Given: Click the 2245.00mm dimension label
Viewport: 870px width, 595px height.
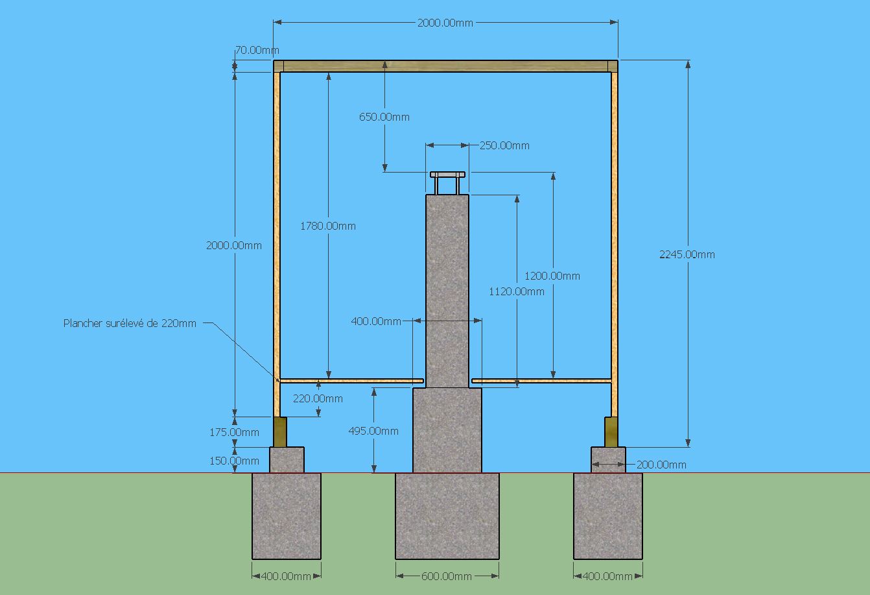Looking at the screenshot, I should click(687, 254).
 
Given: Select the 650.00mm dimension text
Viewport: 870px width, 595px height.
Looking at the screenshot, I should click(384, 117).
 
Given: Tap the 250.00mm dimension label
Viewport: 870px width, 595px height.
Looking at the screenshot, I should click(504, 145).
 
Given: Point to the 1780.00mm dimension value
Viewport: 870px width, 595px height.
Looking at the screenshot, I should click(328, 226).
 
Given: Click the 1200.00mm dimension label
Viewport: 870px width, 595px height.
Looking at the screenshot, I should click(552, 276).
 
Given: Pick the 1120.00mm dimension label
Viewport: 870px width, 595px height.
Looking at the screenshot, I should click(516, 291).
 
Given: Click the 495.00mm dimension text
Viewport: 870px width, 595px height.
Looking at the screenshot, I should click(373, 431).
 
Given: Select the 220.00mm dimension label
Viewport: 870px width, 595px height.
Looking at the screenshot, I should click(318, 398).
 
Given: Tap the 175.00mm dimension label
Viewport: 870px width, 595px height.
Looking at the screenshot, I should click(234, 432).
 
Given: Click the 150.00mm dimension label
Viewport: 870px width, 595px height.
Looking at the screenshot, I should click(234, 461).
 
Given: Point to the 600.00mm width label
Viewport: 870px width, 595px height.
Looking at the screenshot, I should click(447, 576).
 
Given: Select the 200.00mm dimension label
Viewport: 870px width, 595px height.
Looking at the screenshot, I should click(661, 465).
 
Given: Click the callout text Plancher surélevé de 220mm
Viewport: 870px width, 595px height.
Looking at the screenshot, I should click(130, 322).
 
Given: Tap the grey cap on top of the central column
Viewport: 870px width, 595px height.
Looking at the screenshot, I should click(447, 175).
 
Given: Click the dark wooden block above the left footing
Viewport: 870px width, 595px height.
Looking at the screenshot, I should click(280, 431).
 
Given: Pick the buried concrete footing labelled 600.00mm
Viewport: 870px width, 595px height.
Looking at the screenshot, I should click(447, 516).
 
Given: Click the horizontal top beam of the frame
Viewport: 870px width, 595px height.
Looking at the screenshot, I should click(446, 66).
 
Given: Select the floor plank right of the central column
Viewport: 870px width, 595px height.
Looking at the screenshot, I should click(541, 380).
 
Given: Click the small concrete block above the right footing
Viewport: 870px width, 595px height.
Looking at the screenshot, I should click(608, 459).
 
